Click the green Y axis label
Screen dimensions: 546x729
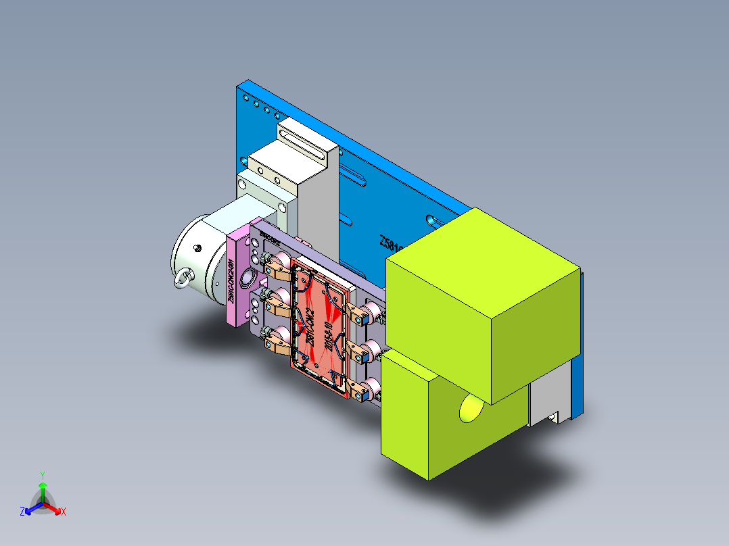click(x=42, y=475)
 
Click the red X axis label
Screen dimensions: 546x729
click(x=64, y=512)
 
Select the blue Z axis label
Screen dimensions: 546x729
click(x=22, y=512)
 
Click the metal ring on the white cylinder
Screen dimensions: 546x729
click(x=183, y=278)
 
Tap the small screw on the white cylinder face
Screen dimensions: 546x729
click(x=197, y=248)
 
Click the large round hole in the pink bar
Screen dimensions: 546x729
click(x=248, y=275)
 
